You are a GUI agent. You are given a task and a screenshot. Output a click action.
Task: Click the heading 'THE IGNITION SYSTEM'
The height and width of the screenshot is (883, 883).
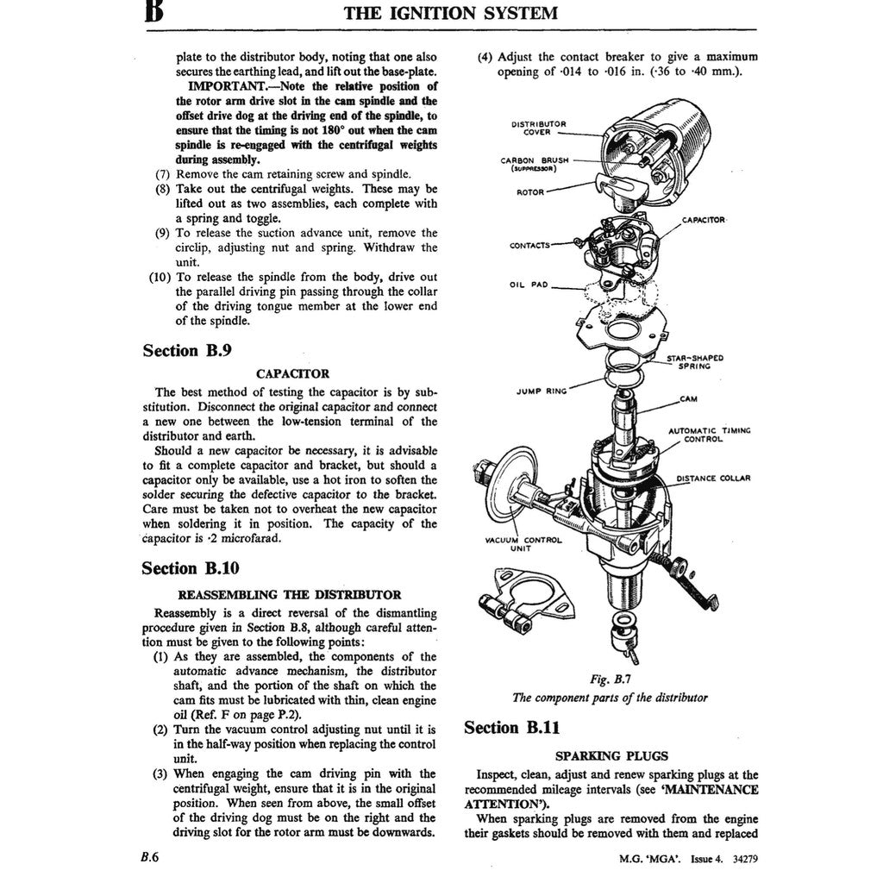click(450, 13)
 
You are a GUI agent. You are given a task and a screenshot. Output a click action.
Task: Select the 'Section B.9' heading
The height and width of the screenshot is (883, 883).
click(186, 350)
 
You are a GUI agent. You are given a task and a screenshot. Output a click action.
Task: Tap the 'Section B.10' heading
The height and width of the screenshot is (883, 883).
click(191, 568)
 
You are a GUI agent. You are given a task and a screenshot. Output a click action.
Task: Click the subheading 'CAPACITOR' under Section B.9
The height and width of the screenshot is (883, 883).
click(292, 374)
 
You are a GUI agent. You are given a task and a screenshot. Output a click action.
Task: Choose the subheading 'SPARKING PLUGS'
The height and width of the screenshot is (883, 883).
click(611, 756)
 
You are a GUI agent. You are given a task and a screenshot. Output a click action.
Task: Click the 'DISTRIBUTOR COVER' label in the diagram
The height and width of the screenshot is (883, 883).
click(539, 128)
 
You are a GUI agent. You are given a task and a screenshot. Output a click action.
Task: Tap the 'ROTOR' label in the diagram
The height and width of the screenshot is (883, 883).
click(529, 191)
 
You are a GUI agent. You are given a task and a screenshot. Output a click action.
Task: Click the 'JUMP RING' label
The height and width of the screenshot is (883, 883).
click(541, 391)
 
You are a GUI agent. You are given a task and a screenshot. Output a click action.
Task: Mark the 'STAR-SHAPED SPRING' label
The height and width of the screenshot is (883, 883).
click(694, 361)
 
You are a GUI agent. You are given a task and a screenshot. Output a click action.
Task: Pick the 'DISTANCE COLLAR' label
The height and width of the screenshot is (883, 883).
click(713, 478)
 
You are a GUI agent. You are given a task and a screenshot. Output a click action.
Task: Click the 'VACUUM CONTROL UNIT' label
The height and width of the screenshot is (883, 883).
click(523, 544)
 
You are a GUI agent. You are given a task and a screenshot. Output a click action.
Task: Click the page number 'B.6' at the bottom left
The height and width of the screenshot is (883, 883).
click(145, 857)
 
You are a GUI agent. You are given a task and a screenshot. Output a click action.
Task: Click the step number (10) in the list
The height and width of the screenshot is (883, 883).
click(160, 277)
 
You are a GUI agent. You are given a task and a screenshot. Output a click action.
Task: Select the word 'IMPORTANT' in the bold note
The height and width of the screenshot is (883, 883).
click(229, 86)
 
